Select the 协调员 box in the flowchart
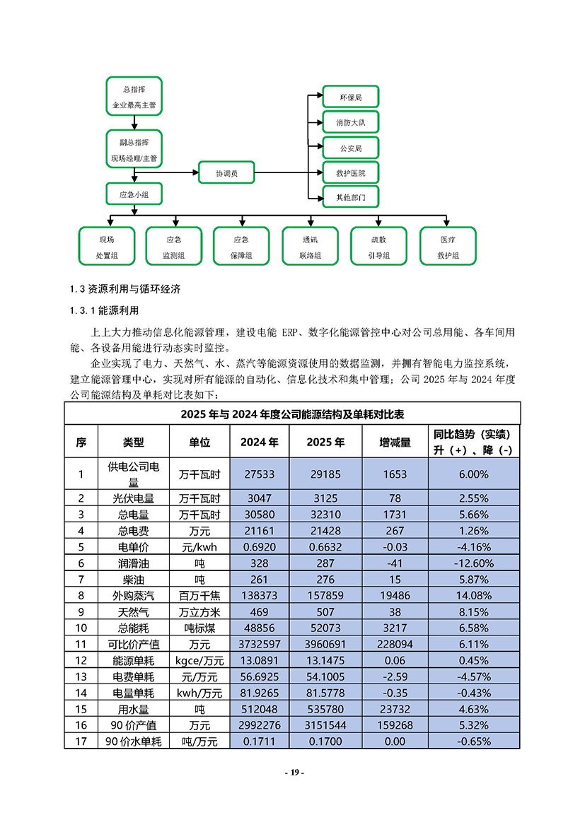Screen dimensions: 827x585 (x=226, y=172)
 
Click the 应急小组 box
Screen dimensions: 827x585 (x=134, y=194)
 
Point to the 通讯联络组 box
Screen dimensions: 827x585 (x=309, y=246)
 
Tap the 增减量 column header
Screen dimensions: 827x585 (x=395, y=442)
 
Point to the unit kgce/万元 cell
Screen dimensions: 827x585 (x=199, y=661)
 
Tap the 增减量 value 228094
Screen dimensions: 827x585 (x=395, y=645)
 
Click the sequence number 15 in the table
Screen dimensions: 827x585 (x=81, y=709)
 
